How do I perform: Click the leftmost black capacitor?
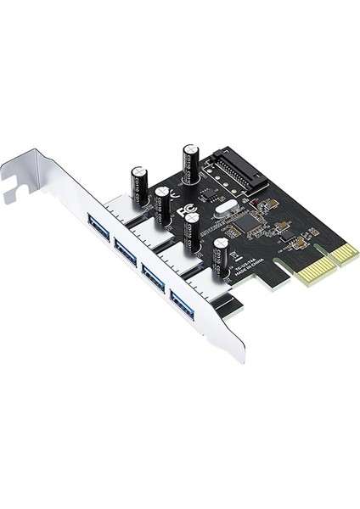pyautogui.click(x=139, y=184)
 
